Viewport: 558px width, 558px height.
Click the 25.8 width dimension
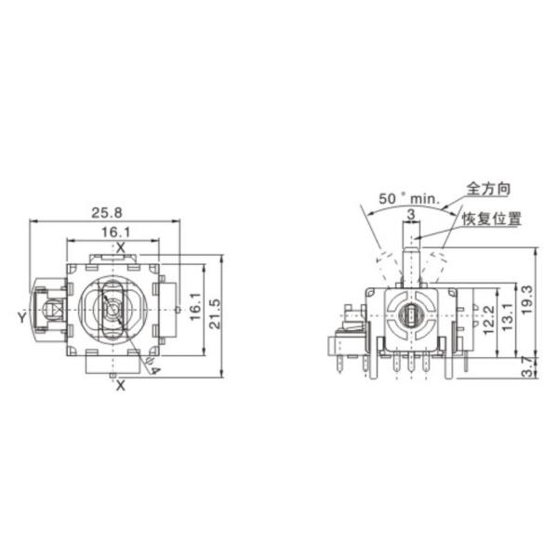pos(107,213)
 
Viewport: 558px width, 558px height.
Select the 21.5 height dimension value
pos(215,313)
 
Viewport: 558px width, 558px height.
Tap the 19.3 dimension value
pos(528,299)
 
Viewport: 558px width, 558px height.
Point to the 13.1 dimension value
pos(508,316)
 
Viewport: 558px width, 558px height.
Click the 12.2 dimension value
pos(489,319)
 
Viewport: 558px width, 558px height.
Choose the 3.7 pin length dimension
pos(529,367)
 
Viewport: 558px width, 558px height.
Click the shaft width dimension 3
pos(411,214)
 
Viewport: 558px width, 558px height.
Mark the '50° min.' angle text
pos(409,199)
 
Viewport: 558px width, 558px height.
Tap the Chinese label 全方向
pos(488,189)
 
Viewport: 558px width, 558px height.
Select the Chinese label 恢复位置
pos(491,219)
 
